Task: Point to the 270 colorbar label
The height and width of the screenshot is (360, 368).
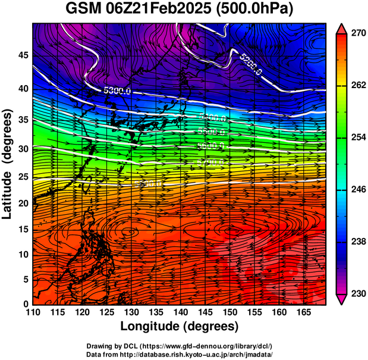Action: pyautogui.click(x=358, y=33)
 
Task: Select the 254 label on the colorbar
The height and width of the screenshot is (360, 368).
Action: pyautogui.click(x=358, y=137)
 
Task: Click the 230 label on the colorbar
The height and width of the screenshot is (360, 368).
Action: pyautogui.click(x=358, y=293)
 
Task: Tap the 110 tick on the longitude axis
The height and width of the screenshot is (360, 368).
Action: pyautogui.click(x=33, y=312)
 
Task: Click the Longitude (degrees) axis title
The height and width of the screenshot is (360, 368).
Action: pyautogui.click(x=180, y=327)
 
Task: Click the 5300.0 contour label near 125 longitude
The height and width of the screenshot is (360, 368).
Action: pyautogui.click(x=117, y=90)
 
